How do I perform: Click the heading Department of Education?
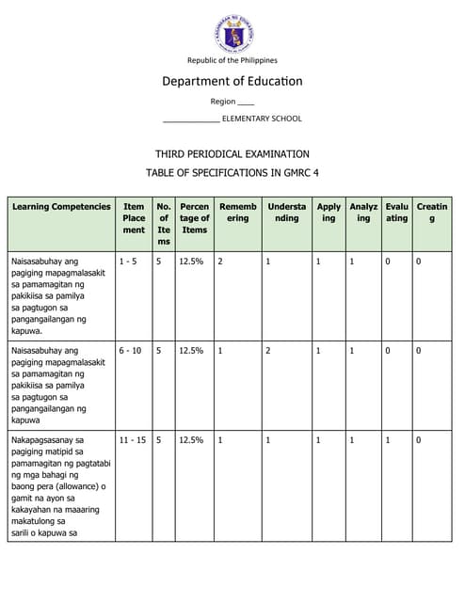[232, 81]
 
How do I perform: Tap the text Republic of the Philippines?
[232, 60]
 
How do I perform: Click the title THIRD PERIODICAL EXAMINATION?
[232, 153]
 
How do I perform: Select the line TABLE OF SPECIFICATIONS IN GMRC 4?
[232, 172]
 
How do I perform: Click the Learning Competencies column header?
[61, 207]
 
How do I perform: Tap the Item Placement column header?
[134, 218]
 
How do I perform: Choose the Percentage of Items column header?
[195, 218]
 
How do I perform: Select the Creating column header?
[432, 213]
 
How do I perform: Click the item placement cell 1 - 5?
[128, 261]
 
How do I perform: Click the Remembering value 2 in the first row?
[220, 261]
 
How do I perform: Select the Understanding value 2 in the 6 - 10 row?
[268, 350]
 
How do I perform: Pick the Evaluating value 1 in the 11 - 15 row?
[387, 439]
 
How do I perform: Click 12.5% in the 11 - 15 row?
[191, 439]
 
